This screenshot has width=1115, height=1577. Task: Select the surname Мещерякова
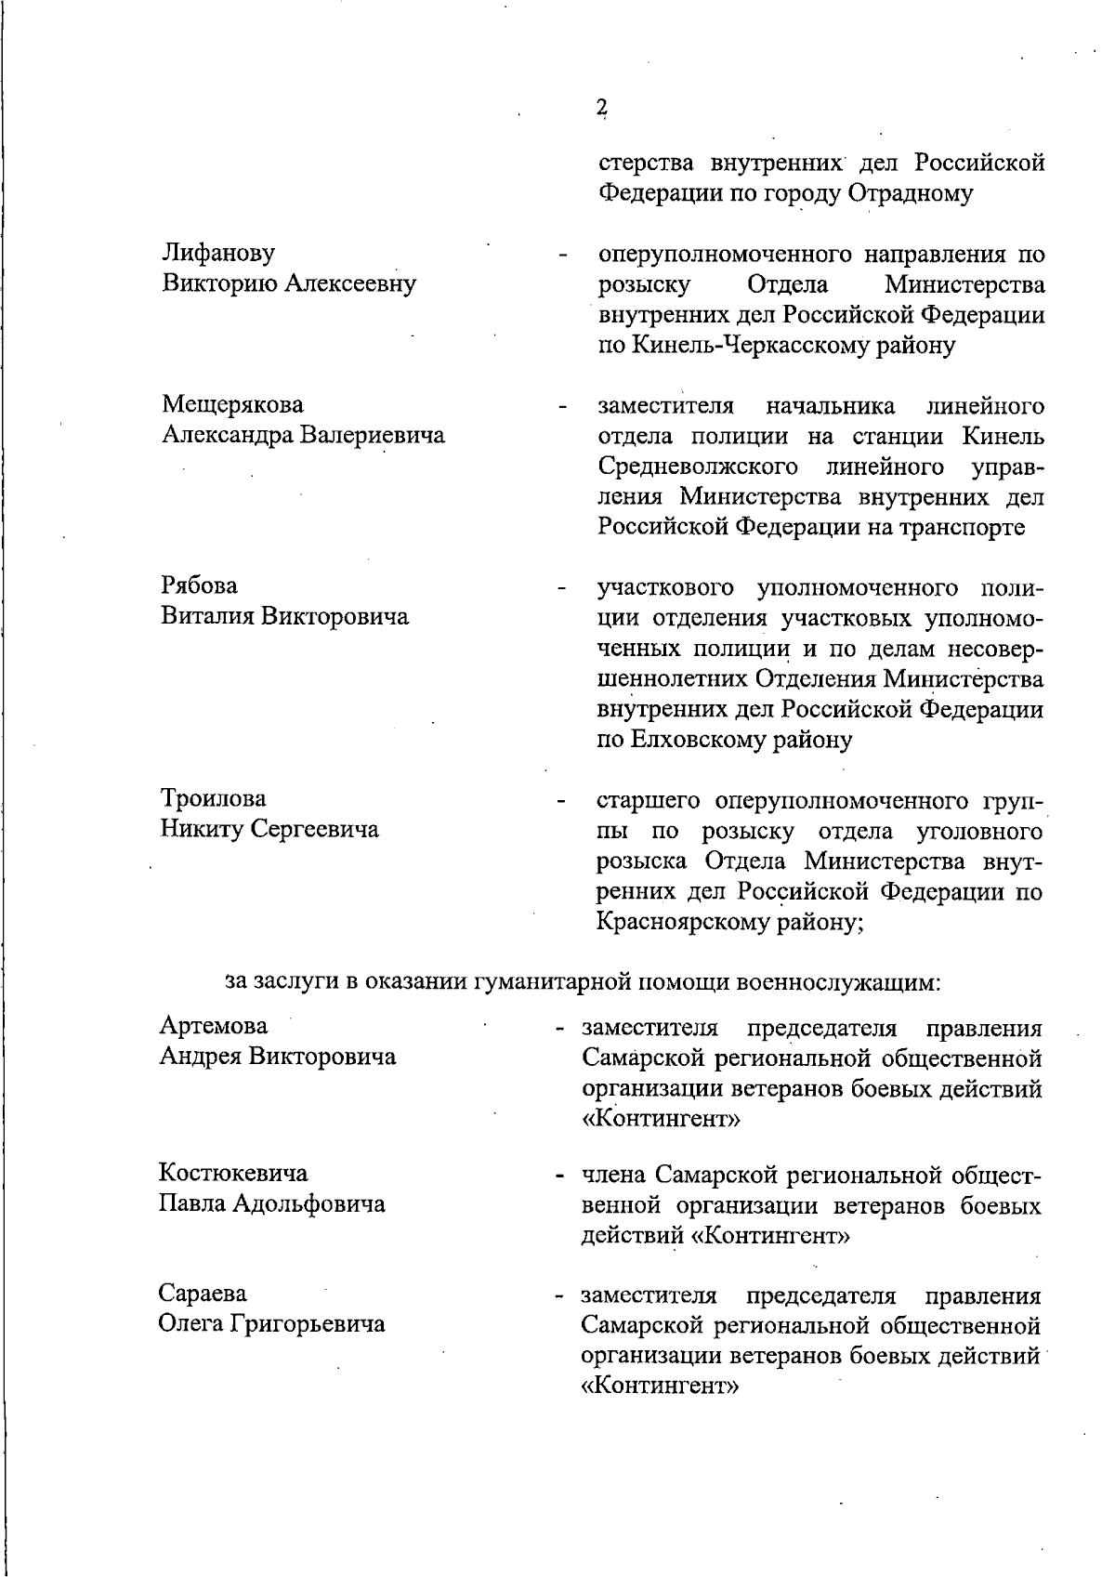point(232,405)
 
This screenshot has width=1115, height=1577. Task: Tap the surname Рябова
point(199,585)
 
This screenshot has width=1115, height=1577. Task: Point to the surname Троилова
point(213,798)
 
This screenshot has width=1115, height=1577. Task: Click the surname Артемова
point(214,1026)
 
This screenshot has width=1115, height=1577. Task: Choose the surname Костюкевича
point(233,1173)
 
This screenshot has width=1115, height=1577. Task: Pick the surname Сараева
point(203,1294)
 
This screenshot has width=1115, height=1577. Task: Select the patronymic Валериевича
point(374,435)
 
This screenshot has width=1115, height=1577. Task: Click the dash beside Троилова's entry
point(560,801)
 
